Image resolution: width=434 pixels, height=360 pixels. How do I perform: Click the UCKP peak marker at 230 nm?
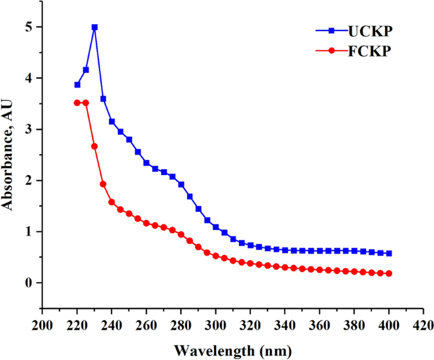[94, 27]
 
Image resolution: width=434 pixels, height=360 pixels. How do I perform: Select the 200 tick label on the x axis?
[42, 325]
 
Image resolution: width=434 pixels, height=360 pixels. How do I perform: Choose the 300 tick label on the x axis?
[215, 325]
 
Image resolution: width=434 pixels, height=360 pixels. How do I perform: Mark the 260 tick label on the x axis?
[146, 325]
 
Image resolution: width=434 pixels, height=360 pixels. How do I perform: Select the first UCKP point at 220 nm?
[77, 84]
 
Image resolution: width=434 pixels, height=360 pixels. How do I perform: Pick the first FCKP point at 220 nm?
[77, 103]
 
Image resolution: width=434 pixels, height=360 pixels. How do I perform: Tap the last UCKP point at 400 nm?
[389, 254]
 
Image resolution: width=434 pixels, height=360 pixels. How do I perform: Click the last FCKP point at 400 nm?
[389, 274]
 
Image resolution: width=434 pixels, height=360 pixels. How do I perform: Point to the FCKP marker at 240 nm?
[112, 202]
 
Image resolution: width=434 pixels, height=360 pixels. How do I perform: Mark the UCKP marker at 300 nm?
[215, 227]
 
